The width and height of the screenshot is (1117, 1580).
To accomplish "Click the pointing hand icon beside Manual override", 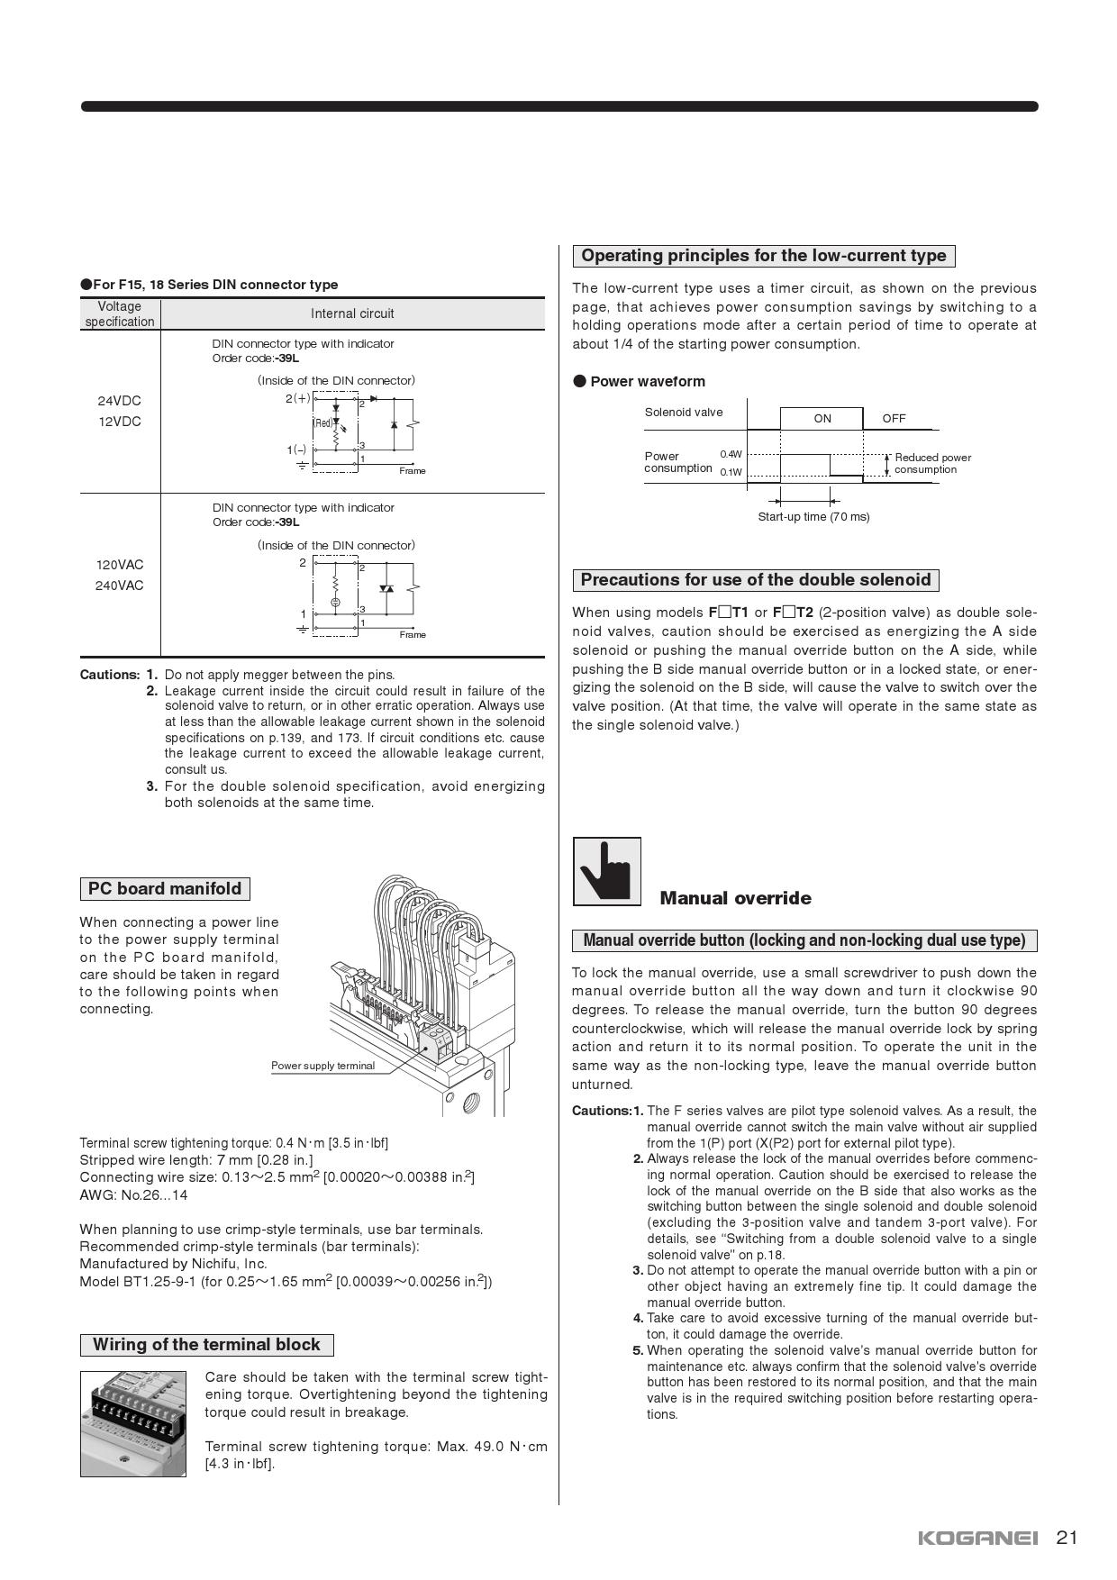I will (x=607, y=871).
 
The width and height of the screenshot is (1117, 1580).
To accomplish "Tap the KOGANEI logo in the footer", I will (x=977, y=1538).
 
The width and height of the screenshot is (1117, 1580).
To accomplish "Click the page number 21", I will (x=1067, y=1537).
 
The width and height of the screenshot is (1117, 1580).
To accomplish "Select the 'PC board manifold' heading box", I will (x=165, y=889).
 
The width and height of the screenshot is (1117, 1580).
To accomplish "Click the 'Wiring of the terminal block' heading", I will (x=206, y=1345).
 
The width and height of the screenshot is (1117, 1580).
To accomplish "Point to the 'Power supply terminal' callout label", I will (x=322, y=1066).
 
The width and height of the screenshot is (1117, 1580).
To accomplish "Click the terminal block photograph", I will (x=133, y=1423).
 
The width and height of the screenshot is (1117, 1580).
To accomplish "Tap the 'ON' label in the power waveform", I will (x=822, y=419).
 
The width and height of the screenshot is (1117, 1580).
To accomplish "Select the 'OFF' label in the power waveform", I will (x=894, y=419).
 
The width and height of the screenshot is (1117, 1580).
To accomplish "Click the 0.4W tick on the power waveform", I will (x=731, y=455).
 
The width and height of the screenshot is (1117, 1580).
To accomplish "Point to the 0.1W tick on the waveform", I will (x=731, y=472).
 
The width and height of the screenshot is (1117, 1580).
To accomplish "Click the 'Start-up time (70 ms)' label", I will (x=813, y=517).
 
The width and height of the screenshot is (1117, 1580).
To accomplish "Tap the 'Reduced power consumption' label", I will (x=932, y=463).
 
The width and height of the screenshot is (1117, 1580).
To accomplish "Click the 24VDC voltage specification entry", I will (x=120, y=401).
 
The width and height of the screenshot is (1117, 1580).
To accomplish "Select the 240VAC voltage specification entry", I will (x=120, y=586).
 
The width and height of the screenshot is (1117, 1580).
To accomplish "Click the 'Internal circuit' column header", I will (x=352, y=313).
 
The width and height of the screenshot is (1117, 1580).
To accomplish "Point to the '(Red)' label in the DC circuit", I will (x=322, y=423).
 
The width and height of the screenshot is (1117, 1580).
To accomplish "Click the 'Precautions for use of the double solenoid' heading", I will (x=756, y=580).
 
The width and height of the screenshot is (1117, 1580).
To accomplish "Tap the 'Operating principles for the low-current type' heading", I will (x=764, y=256).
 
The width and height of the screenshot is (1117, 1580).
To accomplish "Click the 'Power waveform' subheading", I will (x=647, y=381).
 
